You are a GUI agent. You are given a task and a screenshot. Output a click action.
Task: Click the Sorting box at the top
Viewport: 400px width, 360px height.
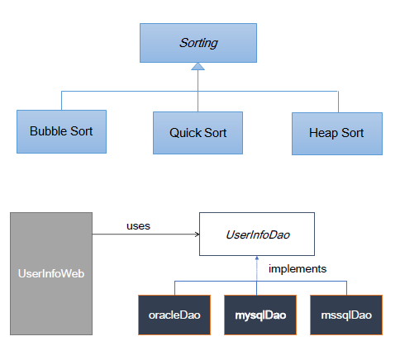198,43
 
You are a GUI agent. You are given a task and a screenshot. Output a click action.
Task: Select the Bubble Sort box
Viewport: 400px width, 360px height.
61,131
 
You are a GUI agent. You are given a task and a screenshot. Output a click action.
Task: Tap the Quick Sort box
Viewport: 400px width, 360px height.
198,133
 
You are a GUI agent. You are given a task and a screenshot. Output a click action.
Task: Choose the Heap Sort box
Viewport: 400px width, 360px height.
337,134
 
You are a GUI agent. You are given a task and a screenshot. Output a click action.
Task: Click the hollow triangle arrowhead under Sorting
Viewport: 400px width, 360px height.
198,66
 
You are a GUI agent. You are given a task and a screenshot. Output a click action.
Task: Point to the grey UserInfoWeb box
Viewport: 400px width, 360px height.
51,273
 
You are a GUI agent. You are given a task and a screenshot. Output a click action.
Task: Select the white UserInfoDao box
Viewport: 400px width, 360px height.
257,234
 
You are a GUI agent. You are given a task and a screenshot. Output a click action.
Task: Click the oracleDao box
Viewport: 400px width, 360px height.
174,315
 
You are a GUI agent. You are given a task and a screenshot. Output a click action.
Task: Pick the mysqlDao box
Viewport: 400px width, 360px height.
260,315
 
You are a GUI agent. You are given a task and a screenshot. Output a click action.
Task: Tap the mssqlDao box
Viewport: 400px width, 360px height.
346,315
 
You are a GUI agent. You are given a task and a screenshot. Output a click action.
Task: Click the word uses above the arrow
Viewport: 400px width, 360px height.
138,226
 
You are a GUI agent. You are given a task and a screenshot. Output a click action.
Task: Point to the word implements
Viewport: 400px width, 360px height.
298,268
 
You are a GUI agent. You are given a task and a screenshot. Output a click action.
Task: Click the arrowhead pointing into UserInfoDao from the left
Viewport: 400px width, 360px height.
198,234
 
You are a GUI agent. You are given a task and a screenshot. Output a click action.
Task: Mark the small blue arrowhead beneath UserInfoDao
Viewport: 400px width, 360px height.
257,258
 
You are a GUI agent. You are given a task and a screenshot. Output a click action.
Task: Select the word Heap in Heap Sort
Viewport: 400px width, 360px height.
323,133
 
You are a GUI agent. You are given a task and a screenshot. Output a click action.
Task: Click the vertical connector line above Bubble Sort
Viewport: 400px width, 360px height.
61,101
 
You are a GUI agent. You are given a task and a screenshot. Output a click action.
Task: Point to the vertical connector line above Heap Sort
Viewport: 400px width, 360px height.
338,102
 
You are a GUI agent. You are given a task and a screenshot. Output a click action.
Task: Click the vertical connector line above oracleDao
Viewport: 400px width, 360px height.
174,288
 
